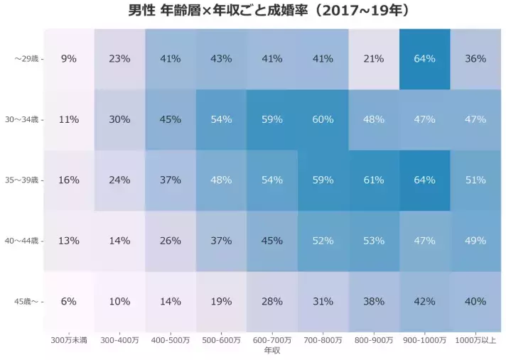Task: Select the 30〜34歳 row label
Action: tap(24, 120)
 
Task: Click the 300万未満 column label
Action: tap(68, 341)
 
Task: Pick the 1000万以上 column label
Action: tap(475, 341)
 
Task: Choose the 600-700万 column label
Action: tap(272, 341)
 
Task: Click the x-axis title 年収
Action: tap(272, 351)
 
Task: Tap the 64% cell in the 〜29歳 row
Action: tap(424, 59)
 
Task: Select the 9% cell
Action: tap(68, 59)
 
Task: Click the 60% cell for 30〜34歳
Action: tap(323, 120)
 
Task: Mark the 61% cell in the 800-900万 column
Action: tap(374, 180)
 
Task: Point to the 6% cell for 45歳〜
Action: tap(68, 302)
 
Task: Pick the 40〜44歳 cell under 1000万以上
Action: tap(475, 241)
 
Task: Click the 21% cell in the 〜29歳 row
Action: tap(374, 59)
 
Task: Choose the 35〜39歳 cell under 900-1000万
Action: tap(424, 180)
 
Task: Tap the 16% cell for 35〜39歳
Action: tap(68, 180)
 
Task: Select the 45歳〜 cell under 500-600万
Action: tap(221, 302)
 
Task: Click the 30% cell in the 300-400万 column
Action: tap(119, 120)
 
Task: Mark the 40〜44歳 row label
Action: tap(24, 241)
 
